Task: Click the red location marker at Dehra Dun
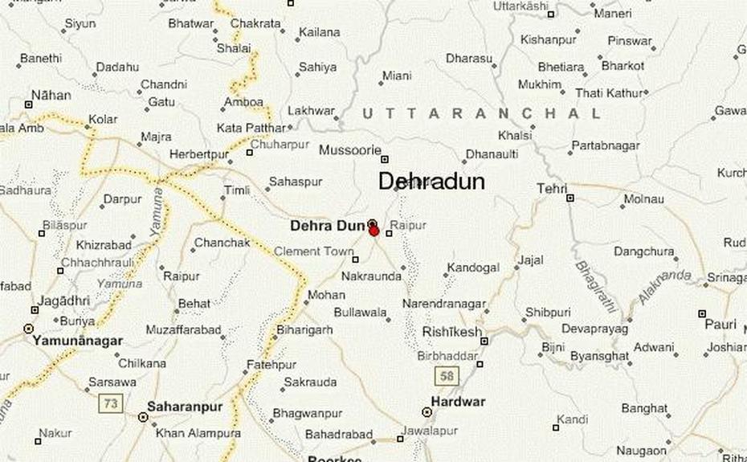click(x=374, y=231)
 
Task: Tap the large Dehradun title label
click(x=431, y=182)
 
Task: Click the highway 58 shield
click(x=447, y=374)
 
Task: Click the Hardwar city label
click(x=459, y=401)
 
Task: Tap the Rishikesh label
click(x=452, y=332)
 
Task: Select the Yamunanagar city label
click(x=78, y=341)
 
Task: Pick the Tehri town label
click(x=552, y=188)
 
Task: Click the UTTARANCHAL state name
click(x=481, y=114)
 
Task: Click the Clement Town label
click(x=314, y=251)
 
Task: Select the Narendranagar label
click(x=444, y=304)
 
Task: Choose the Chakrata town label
click(x=255, y=23)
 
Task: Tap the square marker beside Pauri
click(x=702, y=314)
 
